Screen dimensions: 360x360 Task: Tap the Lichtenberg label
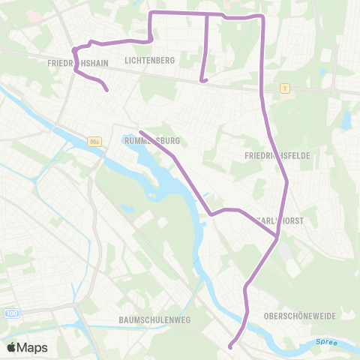click(150, 60)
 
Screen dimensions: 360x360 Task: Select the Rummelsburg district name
click(153, 140)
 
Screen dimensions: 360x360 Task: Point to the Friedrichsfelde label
click(277, 154)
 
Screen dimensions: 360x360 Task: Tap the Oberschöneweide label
click(298, 316)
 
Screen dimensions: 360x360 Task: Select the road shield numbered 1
click(286, 88)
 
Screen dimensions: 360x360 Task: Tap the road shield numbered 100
click(10, 311)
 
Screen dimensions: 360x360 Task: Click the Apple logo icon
click(12, 347)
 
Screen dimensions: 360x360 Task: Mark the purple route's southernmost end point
click(230, 346)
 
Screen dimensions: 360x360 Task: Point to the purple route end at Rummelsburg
click(140, 131)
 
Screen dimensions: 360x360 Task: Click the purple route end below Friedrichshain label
click(107, 91)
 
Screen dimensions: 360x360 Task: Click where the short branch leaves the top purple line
click(206, 13)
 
